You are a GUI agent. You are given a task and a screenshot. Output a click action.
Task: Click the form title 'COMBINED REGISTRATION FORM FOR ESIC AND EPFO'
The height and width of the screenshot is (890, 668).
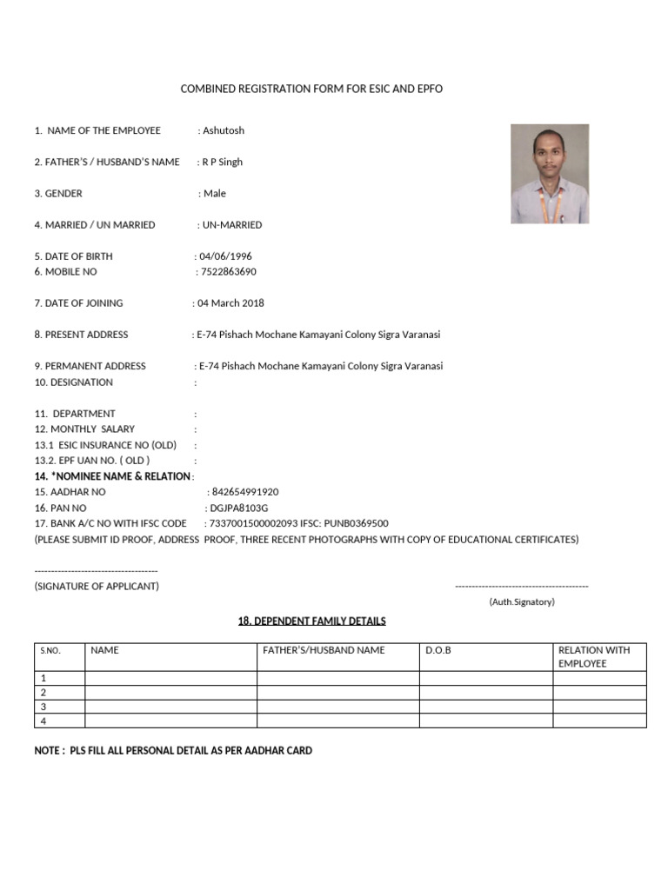point(311,90)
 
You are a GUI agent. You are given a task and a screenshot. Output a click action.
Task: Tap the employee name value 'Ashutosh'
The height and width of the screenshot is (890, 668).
point(224,130)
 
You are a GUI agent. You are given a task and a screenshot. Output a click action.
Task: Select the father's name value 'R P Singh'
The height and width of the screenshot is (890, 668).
point(223,162)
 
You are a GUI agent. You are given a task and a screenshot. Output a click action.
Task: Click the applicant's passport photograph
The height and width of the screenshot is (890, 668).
point(549,174)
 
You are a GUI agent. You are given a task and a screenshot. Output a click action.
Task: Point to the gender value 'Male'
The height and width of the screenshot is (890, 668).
point(215,193)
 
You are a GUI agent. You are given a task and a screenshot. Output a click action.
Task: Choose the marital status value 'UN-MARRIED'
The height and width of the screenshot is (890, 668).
point(232,225)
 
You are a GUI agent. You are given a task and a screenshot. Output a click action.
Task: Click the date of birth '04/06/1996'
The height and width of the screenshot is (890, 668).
point(226,256)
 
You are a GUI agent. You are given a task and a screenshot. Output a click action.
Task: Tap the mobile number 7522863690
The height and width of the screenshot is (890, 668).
point(229,272)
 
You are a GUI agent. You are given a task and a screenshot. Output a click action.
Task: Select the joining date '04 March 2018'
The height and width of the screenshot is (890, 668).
point(231,303)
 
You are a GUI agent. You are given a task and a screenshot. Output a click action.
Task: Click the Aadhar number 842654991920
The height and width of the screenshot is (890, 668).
point(245,492)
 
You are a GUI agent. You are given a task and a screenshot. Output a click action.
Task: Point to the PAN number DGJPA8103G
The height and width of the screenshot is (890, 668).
point(239,508)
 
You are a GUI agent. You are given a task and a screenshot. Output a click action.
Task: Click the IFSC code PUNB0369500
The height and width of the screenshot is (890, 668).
point(358,523)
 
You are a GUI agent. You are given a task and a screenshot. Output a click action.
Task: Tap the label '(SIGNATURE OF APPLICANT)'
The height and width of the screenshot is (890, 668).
point(97,586)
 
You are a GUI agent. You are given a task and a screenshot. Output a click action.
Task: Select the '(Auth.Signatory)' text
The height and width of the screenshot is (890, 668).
point(522,601)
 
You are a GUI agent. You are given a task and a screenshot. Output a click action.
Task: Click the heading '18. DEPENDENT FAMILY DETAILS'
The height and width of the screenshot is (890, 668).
point(312,621)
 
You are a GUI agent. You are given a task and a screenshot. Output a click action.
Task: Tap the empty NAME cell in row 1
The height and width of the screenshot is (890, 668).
point(170,678)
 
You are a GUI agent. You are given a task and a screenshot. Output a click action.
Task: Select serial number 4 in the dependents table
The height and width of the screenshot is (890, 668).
point(43,721)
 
